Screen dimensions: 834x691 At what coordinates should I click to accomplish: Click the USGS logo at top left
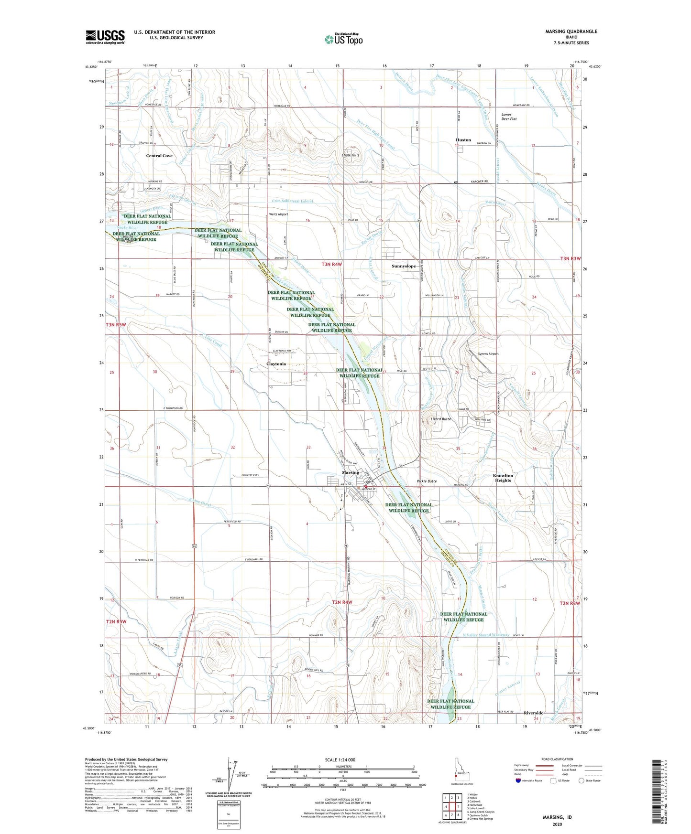tap(105, 37)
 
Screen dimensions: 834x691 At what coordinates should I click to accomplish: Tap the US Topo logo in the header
tap(343, 39)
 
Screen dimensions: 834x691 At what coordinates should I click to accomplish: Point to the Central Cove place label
tap(159, 156)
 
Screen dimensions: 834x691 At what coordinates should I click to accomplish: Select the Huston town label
tap(463, 140)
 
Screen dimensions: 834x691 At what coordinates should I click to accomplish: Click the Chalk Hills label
tap(350, 155)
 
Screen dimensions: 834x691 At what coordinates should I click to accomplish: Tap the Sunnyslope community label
tap(404, 266)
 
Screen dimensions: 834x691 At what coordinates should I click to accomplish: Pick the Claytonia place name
tap(276, 364)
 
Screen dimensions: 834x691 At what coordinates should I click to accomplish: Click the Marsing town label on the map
tap(350, 472)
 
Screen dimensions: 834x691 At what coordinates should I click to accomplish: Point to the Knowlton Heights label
tap(503, 478)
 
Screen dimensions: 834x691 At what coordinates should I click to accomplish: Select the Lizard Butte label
tap(440, 419)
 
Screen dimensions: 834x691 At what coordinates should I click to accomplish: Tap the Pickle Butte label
tap(427, 481)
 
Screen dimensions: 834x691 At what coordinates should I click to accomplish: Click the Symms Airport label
tap(488, 354)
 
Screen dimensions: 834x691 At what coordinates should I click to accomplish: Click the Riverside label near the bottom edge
tap(534, 713)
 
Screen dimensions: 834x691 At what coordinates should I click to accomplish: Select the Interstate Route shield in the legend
tap(519, 781)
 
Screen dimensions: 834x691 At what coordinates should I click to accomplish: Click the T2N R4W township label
tap(342, 602)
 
